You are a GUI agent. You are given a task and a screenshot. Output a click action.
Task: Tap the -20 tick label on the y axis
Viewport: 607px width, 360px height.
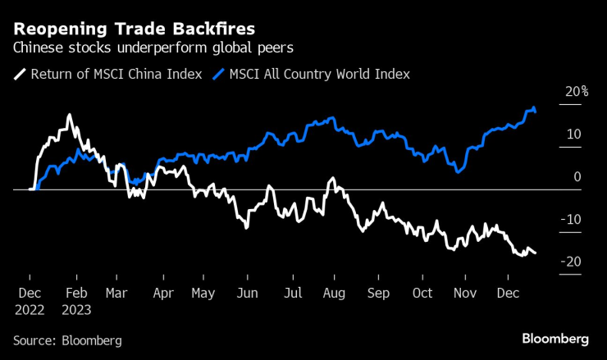[x=571, y=262]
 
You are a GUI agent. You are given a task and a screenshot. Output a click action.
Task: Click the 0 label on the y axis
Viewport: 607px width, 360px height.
[x=577, y=176]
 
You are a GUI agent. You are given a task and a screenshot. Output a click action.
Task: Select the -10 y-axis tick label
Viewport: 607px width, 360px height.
[x=571, y=219]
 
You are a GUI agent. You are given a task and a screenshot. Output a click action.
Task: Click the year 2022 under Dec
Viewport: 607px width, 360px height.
[x=30, y=311]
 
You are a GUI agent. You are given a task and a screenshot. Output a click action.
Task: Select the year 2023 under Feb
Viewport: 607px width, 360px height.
[x=76, y=311]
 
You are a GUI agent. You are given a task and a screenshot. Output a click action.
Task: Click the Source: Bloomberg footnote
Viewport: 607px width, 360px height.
[x=67, y=339]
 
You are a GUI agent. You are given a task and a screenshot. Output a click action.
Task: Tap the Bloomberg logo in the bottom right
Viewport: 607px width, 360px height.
[x=555, y=339]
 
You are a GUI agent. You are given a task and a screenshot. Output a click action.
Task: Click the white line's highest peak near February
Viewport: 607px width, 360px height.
[x=69, y=115]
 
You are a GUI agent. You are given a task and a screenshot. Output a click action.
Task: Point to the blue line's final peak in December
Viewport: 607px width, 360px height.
[x=535, y=107]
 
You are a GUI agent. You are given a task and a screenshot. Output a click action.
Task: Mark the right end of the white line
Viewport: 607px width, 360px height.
[x=536, y=253]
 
